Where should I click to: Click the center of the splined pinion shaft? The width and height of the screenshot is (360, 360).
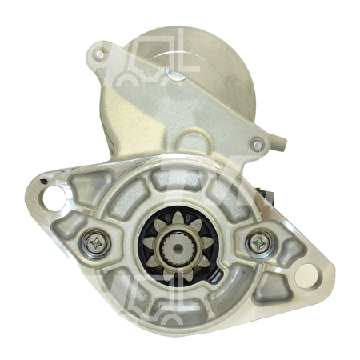tap(175, 242)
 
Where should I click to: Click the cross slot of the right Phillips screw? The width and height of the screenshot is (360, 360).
tap(259, 241)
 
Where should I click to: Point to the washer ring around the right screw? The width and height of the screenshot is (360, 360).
tap(269, 242)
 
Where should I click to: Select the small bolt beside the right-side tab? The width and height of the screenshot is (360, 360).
tap(257, 145)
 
